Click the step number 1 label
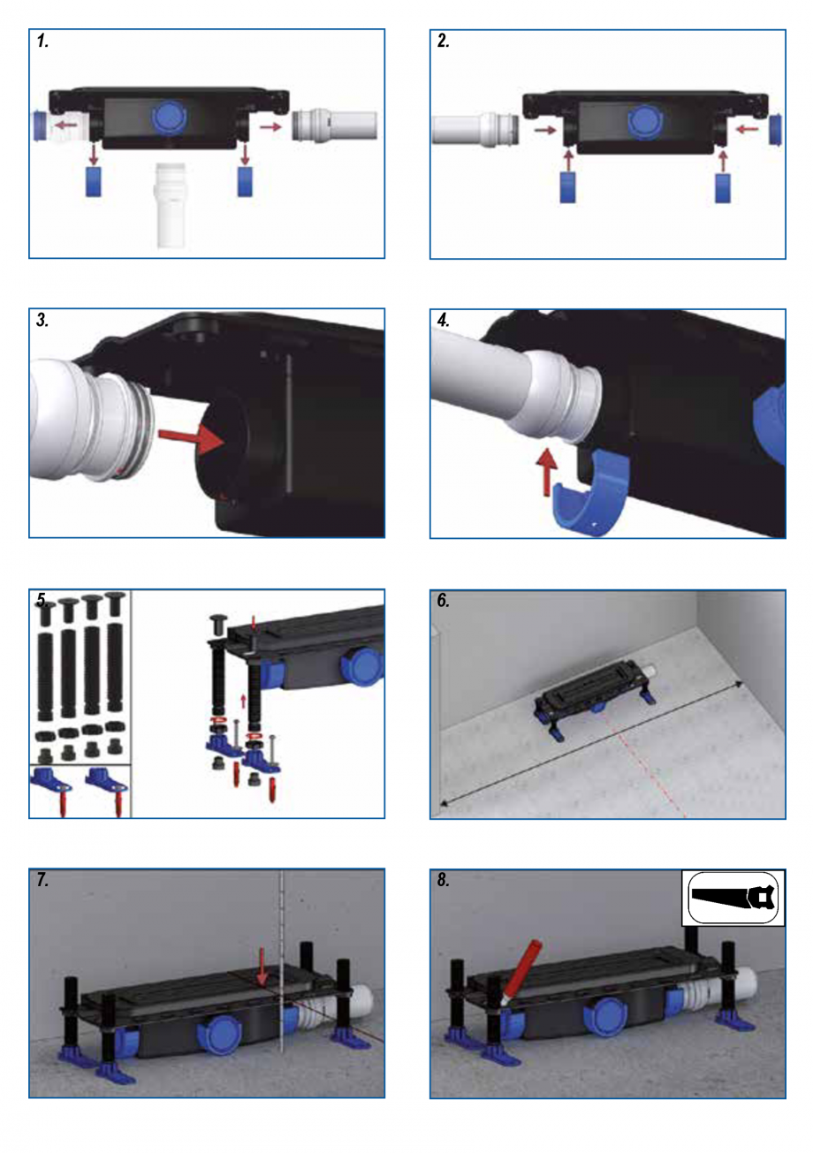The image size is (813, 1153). [x=42, y=42]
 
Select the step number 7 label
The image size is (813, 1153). [x=42, y=882]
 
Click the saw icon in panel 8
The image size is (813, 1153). [x=733, y=898]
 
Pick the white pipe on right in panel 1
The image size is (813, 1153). [x=336, y=125]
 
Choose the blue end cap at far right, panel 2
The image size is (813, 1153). [x=775, y=129]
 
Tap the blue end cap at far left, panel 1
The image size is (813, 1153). [x=40, y=126]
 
